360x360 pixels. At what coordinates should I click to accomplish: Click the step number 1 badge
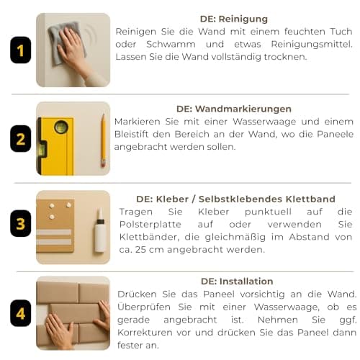click(x=21, y=50)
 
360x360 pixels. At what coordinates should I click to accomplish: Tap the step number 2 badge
click(x=21, y=139)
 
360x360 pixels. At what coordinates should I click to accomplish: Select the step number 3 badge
click(x=21, y=223)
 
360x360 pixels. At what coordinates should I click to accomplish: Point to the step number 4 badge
click(x=21, y=313)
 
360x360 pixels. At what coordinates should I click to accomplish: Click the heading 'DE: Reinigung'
click(x=234, y=19)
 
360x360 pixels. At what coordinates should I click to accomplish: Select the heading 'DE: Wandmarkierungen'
click(x=234, y=109)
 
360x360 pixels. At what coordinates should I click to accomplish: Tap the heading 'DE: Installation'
click(x=237, y=282)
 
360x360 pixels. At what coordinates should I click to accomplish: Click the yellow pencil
click(x=104, y=140)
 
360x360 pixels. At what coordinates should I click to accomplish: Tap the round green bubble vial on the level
click(x=61, y=127)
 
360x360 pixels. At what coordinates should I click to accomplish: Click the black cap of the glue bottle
click(x=100, y=221)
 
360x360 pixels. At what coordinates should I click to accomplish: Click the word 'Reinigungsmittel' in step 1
click(x=312, y=45)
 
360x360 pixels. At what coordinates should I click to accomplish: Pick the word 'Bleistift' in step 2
click(x=131, y=134)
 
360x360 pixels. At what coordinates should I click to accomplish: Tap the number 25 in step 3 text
click(x=140, y=250)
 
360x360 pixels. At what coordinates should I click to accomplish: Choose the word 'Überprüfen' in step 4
click(x=144, y=307)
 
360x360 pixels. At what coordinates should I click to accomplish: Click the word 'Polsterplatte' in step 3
click(x=150, y=225)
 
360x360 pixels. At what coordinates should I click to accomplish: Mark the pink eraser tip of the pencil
click(x=103, y=164)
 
